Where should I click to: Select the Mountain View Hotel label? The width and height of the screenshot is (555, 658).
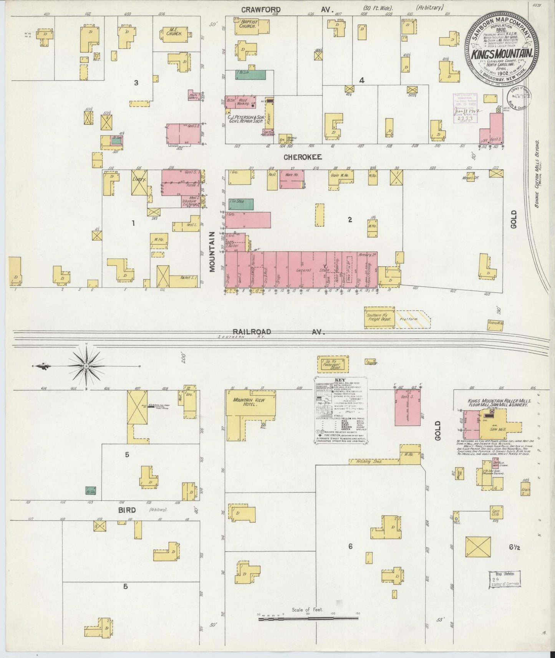point(250,402)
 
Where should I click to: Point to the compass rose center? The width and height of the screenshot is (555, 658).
point(86,366)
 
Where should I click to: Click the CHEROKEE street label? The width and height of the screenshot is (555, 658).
point(302,157)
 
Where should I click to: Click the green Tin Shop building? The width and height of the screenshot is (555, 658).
point(241,204)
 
